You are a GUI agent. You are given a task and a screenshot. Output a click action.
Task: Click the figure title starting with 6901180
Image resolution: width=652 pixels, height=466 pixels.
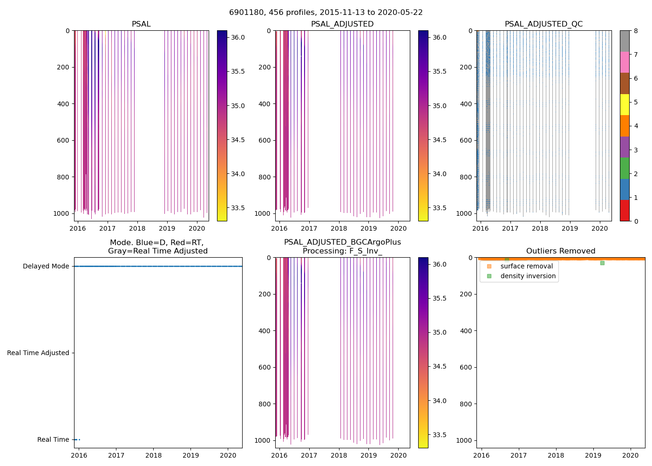coord(326,13)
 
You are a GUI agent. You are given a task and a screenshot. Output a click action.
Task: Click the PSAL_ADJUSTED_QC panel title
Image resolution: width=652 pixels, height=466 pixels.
coord(543,24)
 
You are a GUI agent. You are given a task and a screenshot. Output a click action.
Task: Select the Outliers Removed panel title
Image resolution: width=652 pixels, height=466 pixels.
coord(560,251)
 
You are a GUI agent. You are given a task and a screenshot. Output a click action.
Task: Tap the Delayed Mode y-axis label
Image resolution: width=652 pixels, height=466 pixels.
coord(46,267)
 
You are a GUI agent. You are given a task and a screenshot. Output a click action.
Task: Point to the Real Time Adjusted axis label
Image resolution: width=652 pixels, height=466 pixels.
coord(38,353)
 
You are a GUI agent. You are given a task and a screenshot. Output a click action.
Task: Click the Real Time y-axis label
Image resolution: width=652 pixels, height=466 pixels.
coord(53,440)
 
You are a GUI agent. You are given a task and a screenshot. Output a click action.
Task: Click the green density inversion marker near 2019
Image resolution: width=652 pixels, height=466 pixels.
coord(602,263)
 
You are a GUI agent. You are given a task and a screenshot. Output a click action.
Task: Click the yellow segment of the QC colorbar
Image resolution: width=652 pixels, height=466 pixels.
coord(625,104)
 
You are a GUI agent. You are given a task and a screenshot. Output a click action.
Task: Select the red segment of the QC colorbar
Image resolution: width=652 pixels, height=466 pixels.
coord(625,210)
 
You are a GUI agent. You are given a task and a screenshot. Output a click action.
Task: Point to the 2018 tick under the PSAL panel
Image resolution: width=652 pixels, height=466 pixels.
coord(137,229)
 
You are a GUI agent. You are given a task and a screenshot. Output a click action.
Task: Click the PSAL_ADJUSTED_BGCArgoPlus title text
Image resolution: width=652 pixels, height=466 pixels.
coord(342,242)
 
